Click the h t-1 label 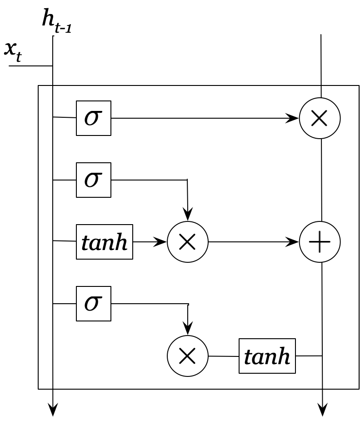click(x=56, y=21)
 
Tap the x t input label click(x=13, y=50)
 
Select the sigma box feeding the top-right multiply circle click(x=94, y=118)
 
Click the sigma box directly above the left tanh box click(x=94, y=180)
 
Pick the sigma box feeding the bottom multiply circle click(x=94, y=304)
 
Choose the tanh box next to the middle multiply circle click(x=105, y=242)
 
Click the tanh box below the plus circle click(x=267, y=356)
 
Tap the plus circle click(x=320, y=242)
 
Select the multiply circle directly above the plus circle click(x=320, y=118)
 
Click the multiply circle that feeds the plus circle click(x=188, y=242)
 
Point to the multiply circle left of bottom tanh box click(x=188, y=356)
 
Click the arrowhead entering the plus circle click(x=293, y=242)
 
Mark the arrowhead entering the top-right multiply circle click(x=293, y=118)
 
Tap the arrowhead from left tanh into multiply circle click(x=161, y=242)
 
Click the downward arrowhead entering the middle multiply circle click(x=188, y=215)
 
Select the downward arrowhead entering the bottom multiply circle click(x=188, y=329)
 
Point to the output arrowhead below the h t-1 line click(x=53, y=410)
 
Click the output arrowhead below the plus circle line click(x=322, y=410)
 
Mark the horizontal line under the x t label click(x=30, y=66)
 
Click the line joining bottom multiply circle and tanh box click(x=224, y=356)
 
